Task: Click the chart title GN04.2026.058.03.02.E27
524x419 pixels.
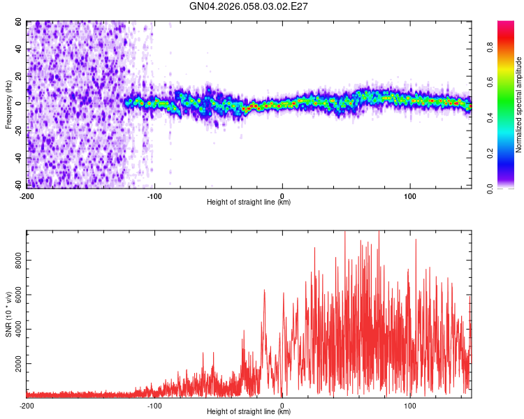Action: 249,6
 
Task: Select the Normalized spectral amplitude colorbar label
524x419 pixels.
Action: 519,105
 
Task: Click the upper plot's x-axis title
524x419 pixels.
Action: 249,202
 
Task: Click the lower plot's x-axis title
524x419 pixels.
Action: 249,411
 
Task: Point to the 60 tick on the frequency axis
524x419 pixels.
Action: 18,22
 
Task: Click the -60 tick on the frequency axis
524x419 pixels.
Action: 17,186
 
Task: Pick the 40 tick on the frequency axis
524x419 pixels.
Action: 18,49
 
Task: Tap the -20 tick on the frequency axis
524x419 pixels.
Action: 17,131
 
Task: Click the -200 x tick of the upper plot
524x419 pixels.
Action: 27,195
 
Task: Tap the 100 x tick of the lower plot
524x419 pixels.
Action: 410,404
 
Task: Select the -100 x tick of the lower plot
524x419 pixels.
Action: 154,404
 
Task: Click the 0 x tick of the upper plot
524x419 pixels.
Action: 282,195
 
